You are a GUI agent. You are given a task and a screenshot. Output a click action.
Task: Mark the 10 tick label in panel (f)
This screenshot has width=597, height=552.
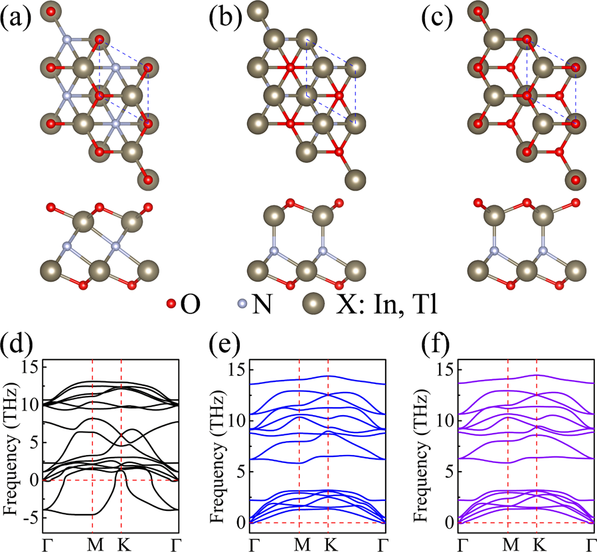(444, 420)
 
